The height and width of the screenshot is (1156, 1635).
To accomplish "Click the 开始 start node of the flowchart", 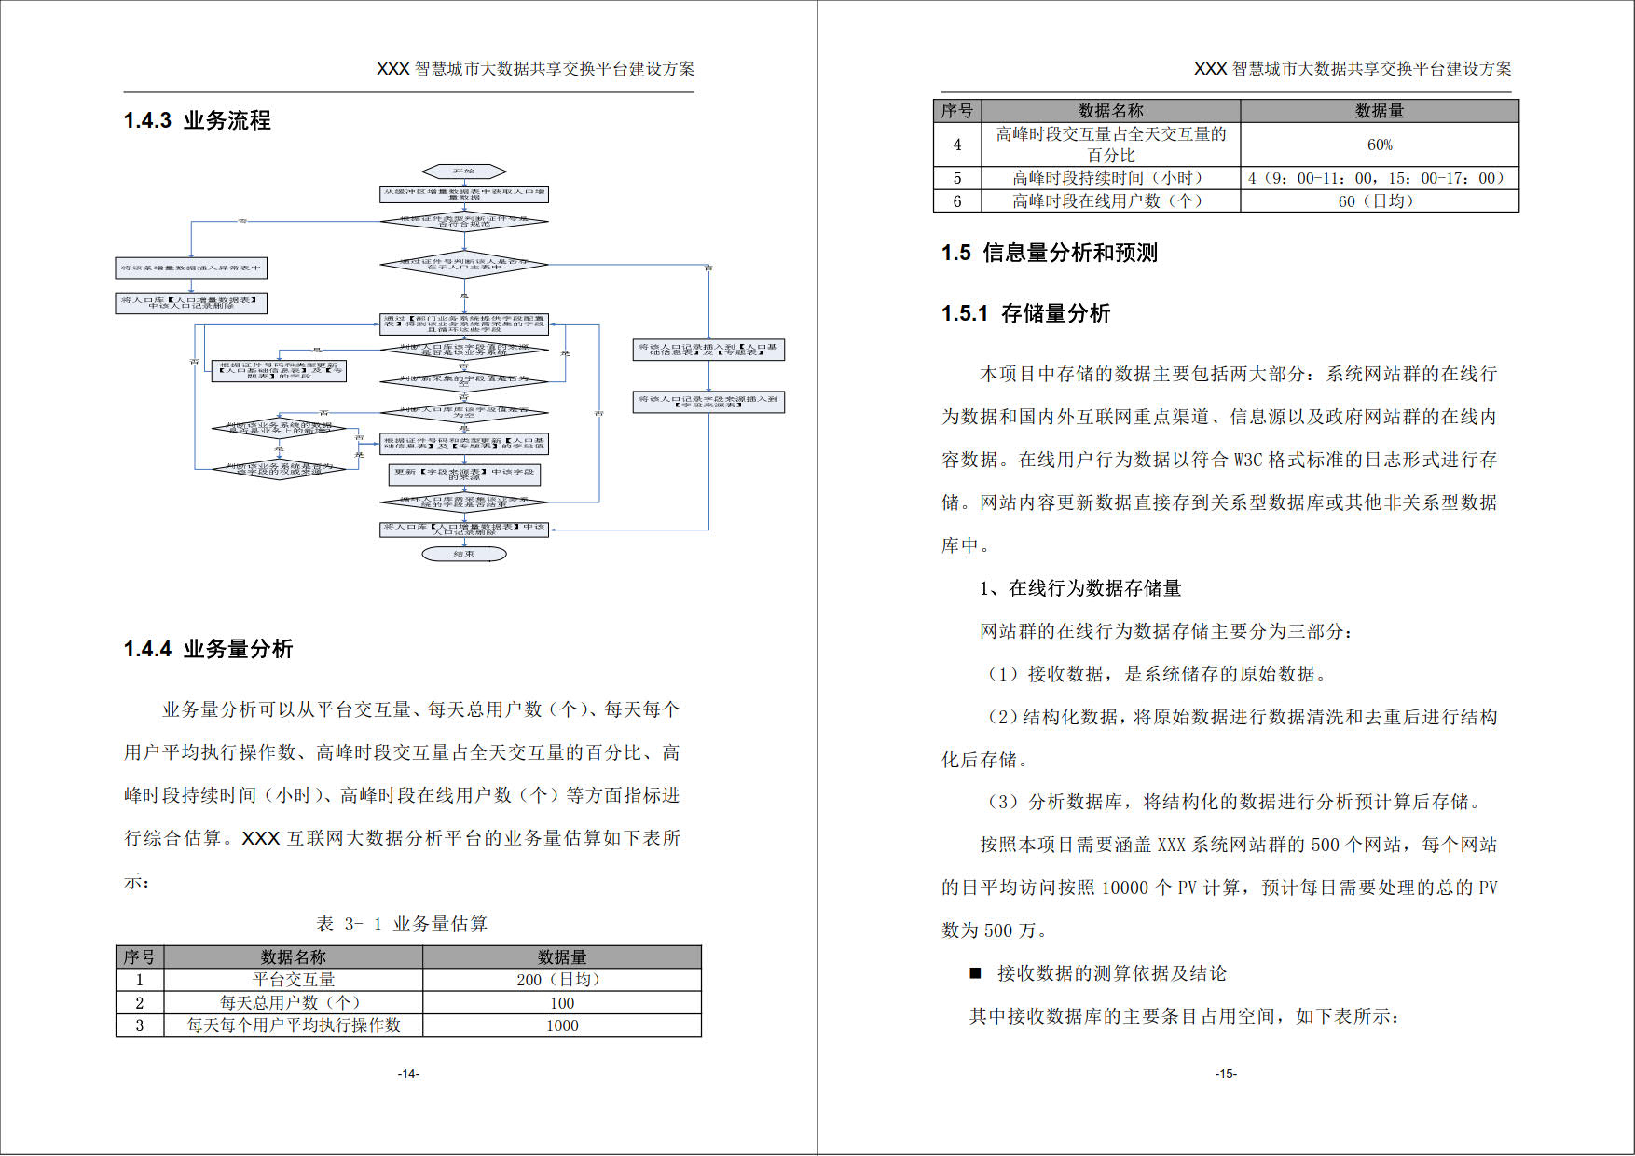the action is click(463, 172).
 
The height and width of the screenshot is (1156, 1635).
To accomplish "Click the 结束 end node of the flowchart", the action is click(463, 554).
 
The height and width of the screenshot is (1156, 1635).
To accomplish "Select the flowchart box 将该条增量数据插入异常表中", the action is click(191, 268).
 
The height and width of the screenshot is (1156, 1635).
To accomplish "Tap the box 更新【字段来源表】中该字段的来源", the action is click(463, 475).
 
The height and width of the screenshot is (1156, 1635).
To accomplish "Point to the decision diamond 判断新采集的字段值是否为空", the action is click(463, 380).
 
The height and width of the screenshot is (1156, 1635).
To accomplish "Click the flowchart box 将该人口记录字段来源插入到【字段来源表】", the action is click(708, 402).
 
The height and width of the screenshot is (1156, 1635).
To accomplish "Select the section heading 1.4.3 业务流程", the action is click(198, 120).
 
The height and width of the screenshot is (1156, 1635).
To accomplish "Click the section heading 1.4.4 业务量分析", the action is click(209, 649).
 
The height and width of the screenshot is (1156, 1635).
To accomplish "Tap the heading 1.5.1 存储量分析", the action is click(1025, 313).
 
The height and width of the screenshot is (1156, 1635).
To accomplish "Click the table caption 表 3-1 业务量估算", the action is click(402, 924).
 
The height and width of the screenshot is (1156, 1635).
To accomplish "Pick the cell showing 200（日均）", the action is click(561, 980).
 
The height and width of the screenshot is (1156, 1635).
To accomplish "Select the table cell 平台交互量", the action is click(294, 980).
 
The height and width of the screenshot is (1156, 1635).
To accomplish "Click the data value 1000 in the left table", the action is click(561, 1025).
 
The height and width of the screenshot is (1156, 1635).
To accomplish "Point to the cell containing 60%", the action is click(1380, 144).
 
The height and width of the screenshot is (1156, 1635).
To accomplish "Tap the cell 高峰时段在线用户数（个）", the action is click(1109, 201).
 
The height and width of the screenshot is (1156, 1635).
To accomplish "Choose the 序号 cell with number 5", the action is click(957, 178).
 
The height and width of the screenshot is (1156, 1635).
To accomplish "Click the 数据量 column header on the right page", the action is click(1380, 111).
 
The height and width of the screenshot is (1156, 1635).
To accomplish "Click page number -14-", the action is click(408, 1074).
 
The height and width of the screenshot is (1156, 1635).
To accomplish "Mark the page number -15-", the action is click(1226, 1074).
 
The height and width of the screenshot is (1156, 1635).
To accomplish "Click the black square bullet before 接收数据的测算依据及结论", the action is click(975, 973).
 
